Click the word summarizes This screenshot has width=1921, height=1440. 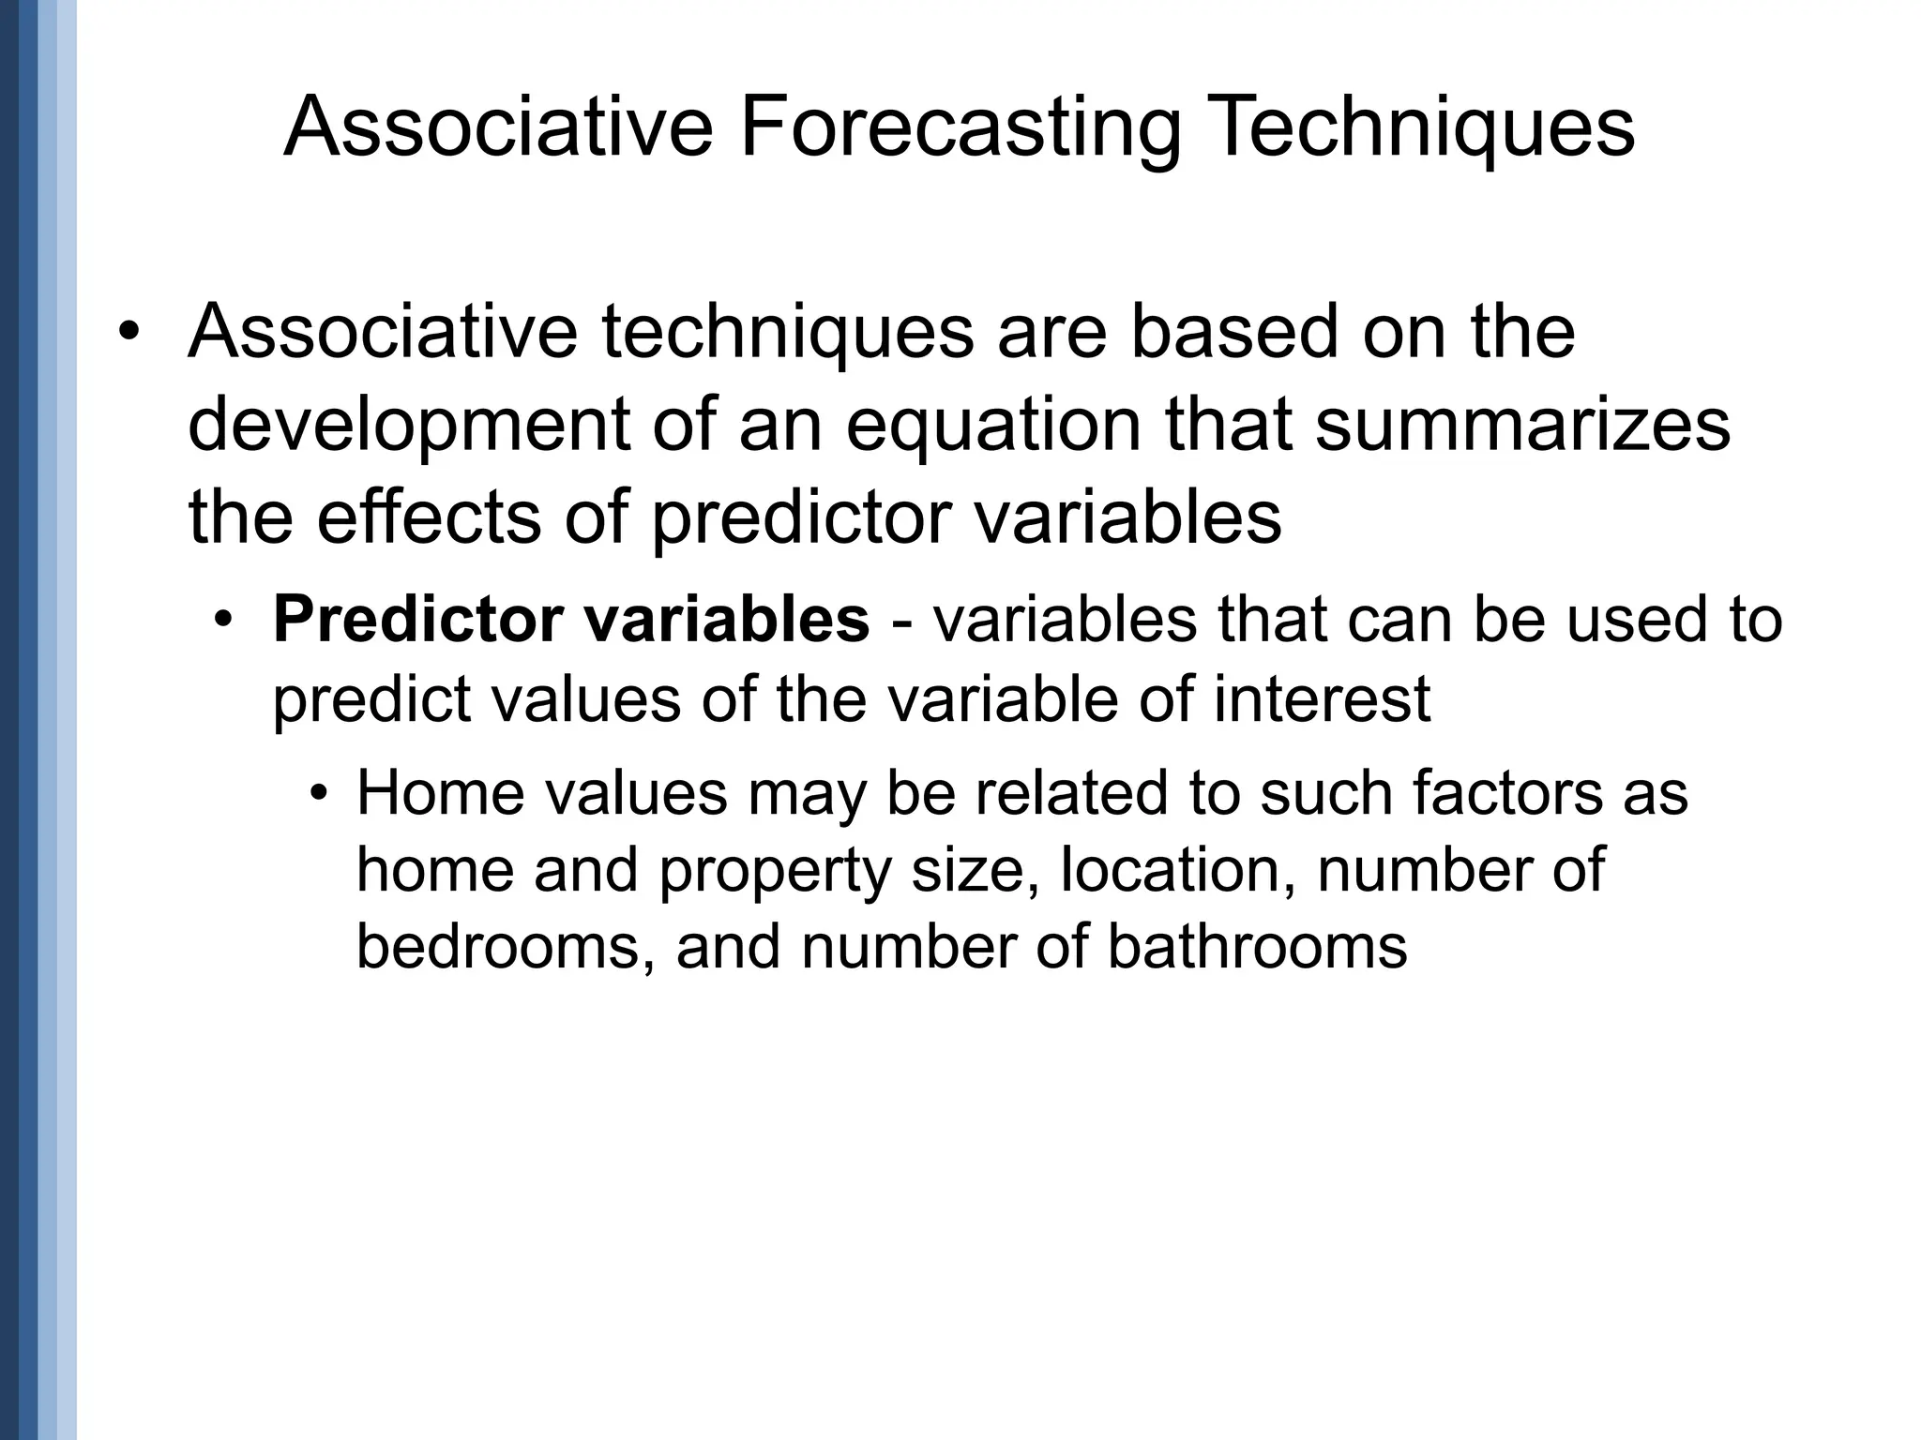(x=1521, y=425)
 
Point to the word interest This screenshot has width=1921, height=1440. (x=1322, y=698)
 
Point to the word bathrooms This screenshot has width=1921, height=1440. (x=1256, y=947)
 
